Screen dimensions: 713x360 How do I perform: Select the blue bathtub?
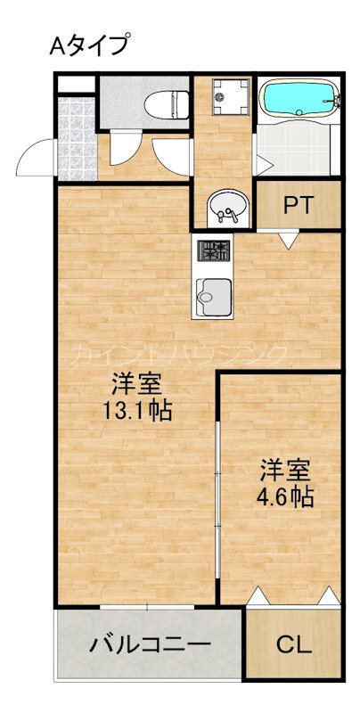(x=299, y=100)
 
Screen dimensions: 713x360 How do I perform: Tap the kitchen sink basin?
(x=213, y=294)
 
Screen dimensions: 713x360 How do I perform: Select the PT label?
(x=298, y=204)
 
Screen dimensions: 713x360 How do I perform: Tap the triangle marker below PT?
(x=288, y=239)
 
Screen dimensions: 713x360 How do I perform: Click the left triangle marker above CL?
(x=257, y=595)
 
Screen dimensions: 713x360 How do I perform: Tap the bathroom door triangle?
(x=264, y=165)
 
